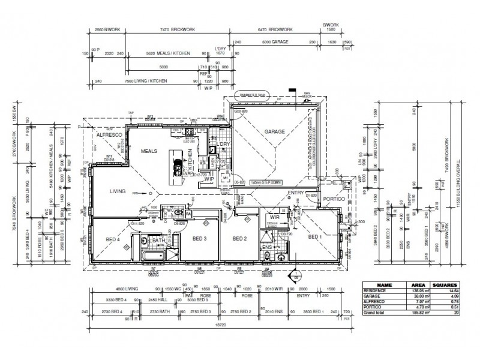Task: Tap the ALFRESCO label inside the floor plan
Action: coord(109,136)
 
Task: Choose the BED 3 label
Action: coord(200,239)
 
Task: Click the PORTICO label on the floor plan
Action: coord(333,199)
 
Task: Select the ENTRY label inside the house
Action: coord(296,193)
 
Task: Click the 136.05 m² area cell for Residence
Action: coord(416,291)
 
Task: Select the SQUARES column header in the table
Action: coord(446,286)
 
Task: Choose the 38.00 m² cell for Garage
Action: coord(416,296)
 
